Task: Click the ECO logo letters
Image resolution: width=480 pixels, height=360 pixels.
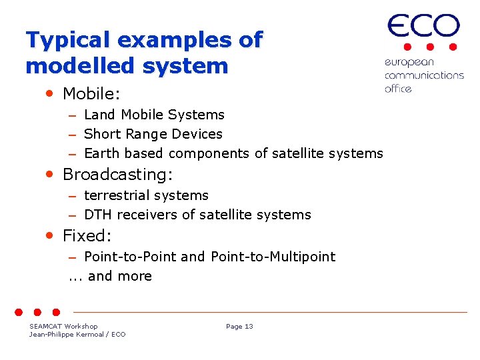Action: pos(424,27)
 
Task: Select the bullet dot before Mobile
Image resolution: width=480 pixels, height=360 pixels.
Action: pos(50,94)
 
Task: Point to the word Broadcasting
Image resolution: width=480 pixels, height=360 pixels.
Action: pos(117,175)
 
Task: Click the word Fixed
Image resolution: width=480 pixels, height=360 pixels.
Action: pos(87,235)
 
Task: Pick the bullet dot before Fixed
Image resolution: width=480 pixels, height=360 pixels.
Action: pos(50,235)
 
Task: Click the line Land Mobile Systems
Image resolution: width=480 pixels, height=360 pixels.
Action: pos(154,115)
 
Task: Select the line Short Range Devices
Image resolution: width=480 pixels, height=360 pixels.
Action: pos(153,134)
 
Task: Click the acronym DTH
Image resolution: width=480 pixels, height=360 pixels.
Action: pos(98,215)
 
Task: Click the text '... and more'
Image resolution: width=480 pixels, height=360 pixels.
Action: pos(111,276)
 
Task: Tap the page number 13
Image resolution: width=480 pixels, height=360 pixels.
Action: pos(249,326)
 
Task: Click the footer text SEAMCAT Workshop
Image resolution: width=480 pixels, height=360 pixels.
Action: pos(63,326)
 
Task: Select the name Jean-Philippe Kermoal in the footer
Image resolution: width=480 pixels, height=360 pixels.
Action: pos(67,334)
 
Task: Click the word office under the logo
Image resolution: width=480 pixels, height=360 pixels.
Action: pos(398,88)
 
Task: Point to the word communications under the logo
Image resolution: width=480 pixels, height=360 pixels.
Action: pos(424,75)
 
